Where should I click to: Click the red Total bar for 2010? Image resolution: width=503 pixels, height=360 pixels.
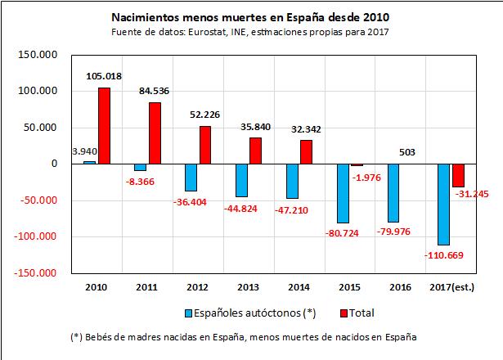pyautogui.click(x=104, y=125)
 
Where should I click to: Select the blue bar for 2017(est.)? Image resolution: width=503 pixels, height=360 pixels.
pyautogui.click(x=443, y=204)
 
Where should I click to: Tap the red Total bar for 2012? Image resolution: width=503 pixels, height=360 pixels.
pyautogui.click(x=205, y=145)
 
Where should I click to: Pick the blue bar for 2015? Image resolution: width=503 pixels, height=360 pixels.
pyautogui.click(x=342, y=193)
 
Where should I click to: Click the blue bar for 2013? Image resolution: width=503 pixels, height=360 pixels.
pyautogui.click(x=241, y=180)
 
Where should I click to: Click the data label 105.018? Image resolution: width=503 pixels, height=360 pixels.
pyautogui.click(x=104, y=76)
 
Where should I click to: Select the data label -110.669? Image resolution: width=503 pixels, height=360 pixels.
pyautogui.click(x=443, y=256)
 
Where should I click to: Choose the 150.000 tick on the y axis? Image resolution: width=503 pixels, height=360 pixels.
pyautogui.click(x=38, y=55)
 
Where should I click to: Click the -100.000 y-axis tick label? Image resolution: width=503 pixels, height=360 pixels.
pyautogui.click(x=36, y=237)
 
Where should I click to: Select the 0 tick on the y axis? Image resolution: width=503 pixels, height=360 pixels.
pyautogui.click(x=55, y=164)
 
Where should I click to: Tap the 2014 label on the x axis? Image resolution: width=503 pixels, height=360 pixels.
pyautogui.click(x=299, y=286)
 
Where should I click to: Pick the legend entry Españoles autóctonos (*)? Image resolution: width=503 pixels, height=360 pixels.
pyautogui.click(x=245, y=312)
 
